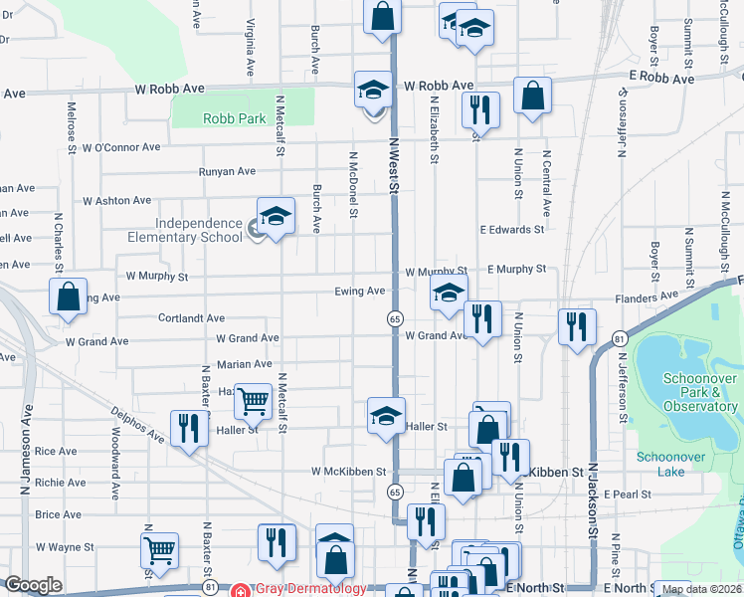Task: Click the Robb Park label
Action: pyautogui.click(x=234, y=117)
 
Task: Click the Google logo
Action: pyautogui.click(x=33, y=585)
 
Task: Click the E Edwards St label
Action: pyautogui.click(x=512, y=229)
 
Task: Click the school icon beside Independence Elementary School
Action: pyautogui.click(x=276, y=215)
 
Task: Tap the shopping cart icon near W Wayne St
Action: pyautogui.click(x=159, y=548)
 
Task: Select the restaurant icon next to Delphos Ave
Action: pyautogui.click(x=186, y=428)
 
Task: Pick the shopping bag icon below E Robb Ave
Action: pyautogui.click(x=533, y=95)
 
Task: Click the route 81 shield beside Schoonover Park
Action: pyautogui.click(x=619, y=338)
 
